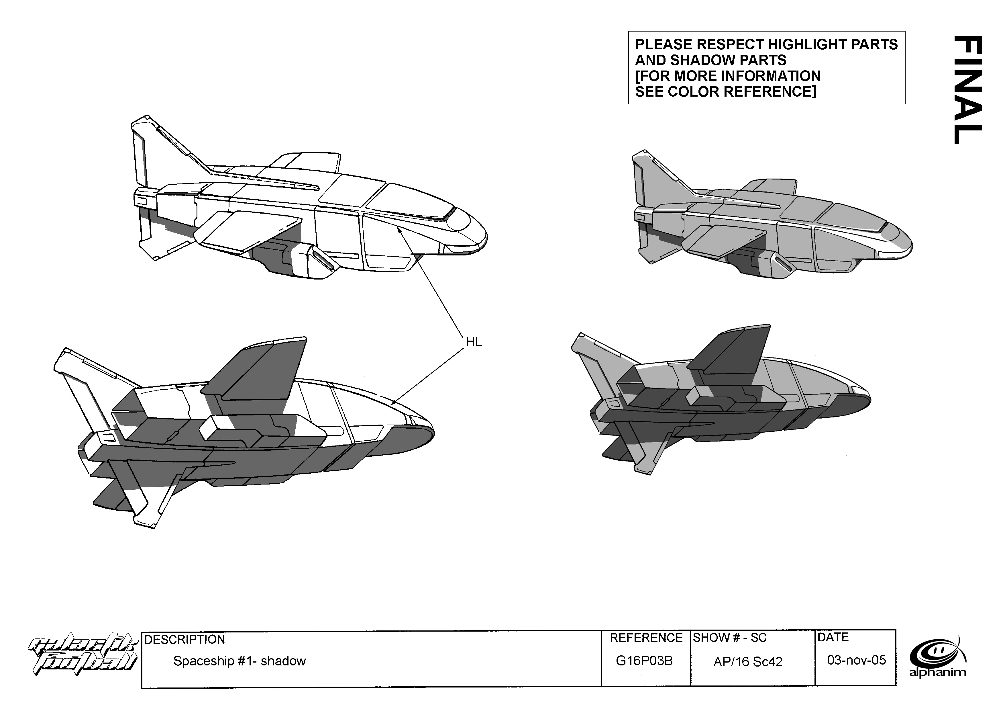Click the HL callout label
tap(474, 342)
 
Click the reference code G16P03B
tap(644, 661)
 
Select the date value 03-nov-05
tap(856, 660)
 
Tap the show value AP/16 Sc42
tap(748, 661)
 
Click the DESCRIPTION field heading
tap(184, 640)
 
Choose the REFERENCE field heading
tap(646, 638)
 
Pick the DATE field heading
tap(833, 637)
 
